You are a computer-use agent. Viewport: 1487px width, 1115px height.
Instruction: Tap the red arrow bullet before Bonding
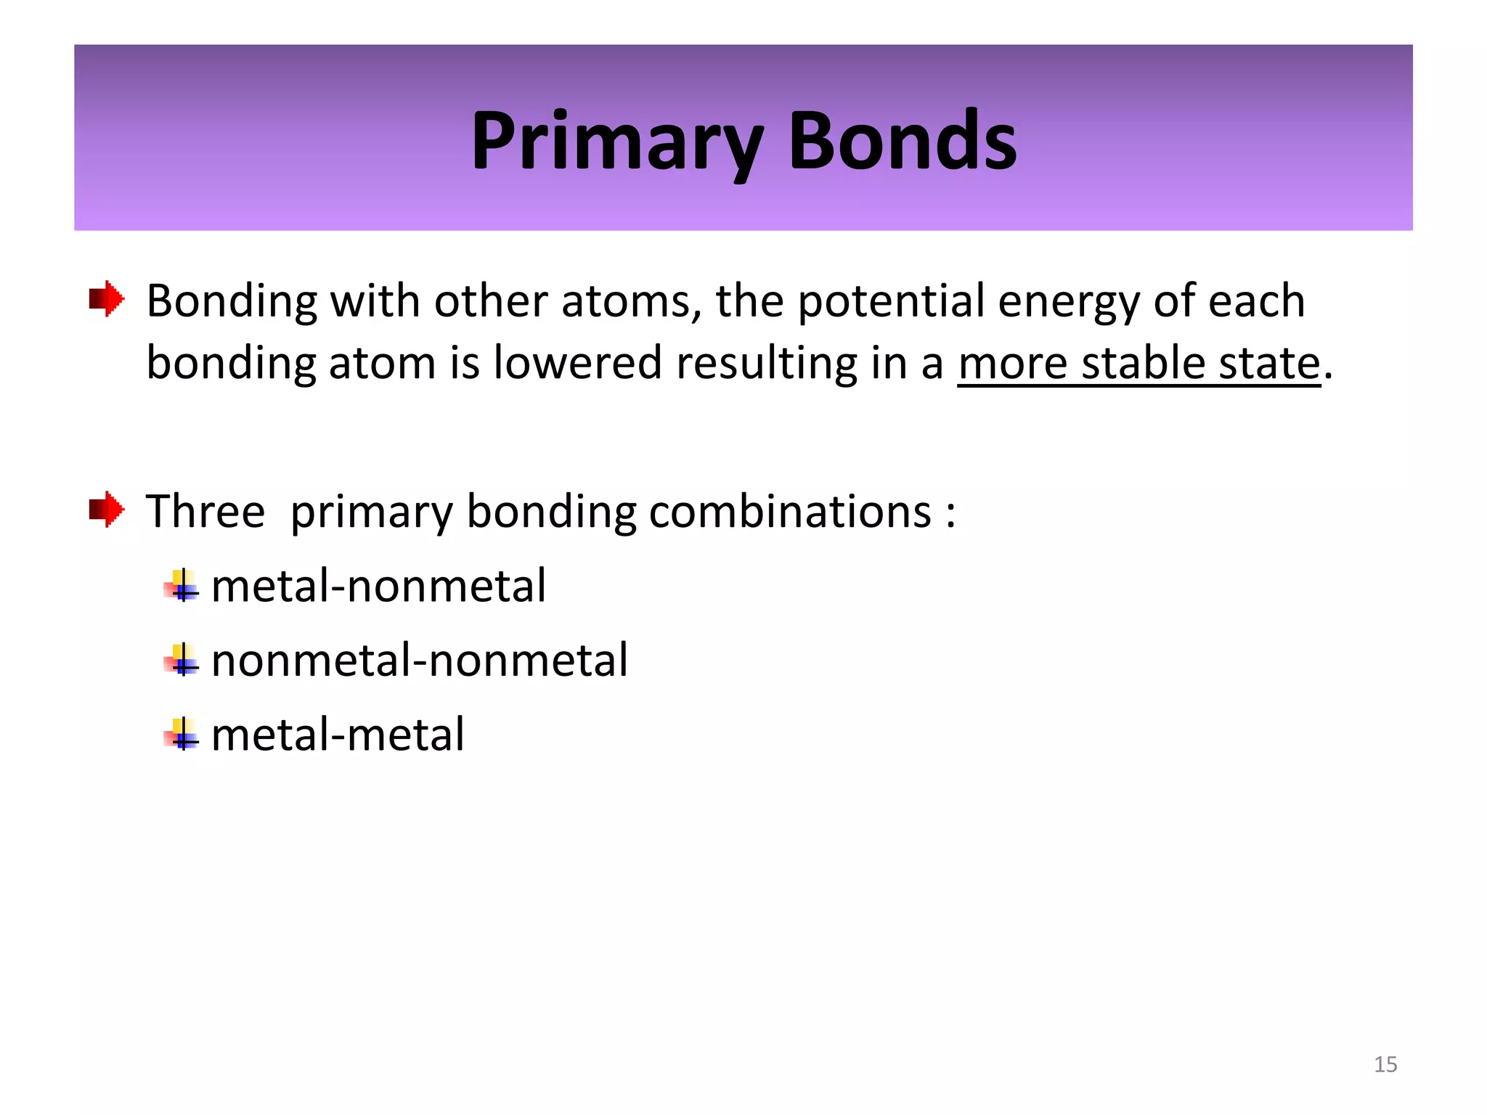[x=107, y=298]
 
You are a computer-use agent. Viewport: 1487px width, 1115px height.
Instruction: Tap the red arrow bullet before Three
[x=107, y=509]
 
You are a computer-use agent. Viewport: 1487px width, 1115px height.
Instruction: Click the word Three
[x=205, y=512]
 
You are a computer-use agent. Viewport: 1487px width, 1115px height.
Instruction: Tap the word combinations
[x=789, y=512]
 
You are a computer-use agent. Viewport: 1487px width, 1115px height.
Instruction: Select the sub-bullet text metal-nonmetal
[x=378, y=586]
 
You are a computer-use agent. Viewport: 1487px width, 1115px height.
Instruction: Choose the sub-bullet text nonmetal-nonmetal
[x=419, y=661]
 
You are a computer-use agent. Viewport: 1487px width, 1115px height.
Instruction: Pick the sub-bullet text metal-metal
[x=338, y=735]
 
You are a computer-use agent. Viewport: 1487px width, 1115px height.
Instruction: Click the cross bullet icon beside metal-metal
[x=182, y=734]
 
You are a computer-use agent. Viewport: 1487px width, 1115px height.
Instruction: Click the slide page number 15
[x=1385, y=1064]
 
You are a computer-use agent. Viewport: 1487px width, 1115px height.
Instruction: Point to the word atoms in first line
[x=631, y=301]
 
